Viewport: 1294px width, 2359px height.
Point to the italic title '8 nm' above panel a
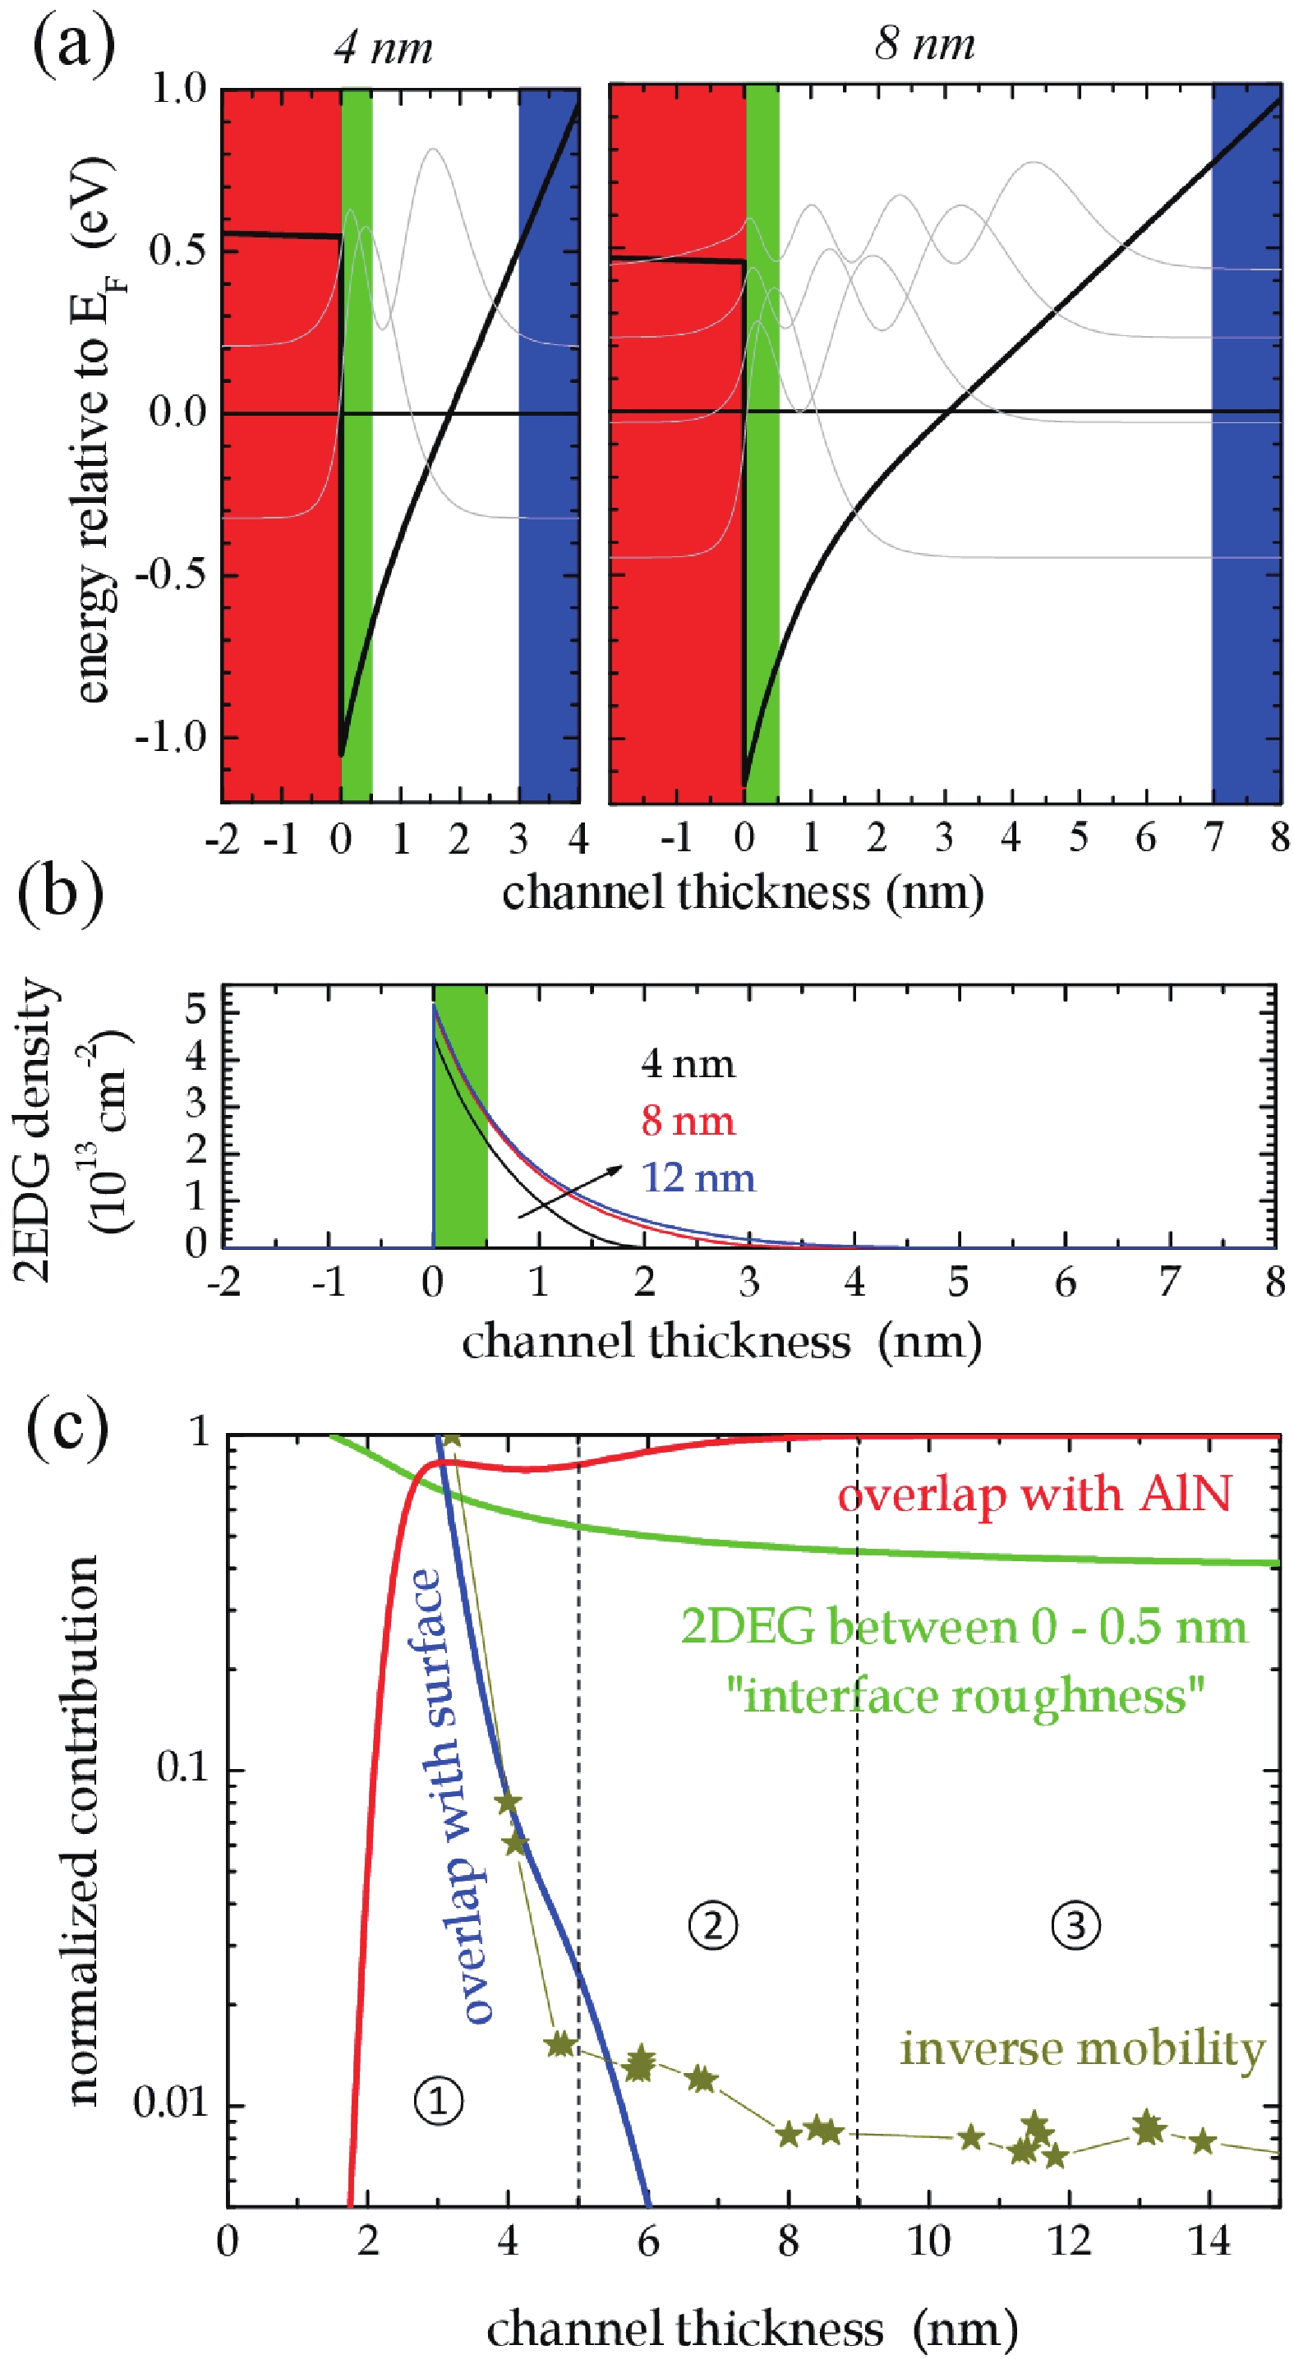pyautogui.click(x=924, y=43)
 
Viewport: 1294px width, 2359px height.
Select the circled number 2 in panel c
pyautogui.click(x=712, y=1924)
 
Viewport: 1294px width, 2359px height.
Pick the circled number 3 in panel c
pyautogui.click(x=1075, y=1924)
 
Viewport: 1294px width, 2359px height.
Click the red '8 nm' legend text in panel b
pyautogui.click(x=688, y=1121)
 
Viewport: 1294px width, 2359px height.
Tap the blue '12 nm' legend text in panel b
pyautogui.click(x=698, y=1177)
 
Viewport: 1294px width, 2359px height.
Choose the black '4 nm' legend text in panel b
pyautogui.click(x=688, y=1064)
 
